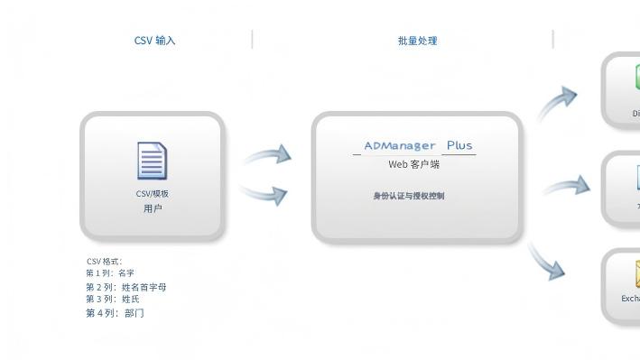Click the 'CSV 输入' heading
coord(154,41)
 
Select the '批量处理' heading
coord(417,41)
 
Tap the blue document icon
coord(152,161)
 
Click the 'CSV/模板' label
coord(152,193)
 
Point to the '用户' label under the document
coord(152,208)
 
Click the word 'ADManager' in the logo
coord(399,145)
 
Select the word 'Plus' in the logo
coord(459,145)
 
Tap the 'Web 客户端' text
coord(413,164)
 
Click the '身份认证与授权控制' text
coord(408,196)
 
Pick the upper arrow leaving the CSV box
coord(267,156)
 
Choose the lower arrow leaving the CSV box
coord(265,193)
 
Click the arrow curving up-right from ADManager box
coord(558,102)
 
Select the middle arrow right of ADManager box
coord(567,187)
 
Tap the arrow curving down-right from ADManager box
coord(547,261)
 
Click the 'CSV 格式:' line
coord(105,262)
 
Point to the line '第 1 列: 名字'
coord(110,273)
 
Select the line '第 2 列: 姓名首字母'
coord(126,287)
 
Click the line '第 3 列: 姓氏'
coord(113,300)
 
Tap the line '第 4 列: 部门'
coord(115,313)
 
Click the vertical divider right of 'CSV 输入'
coord(253,40)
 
